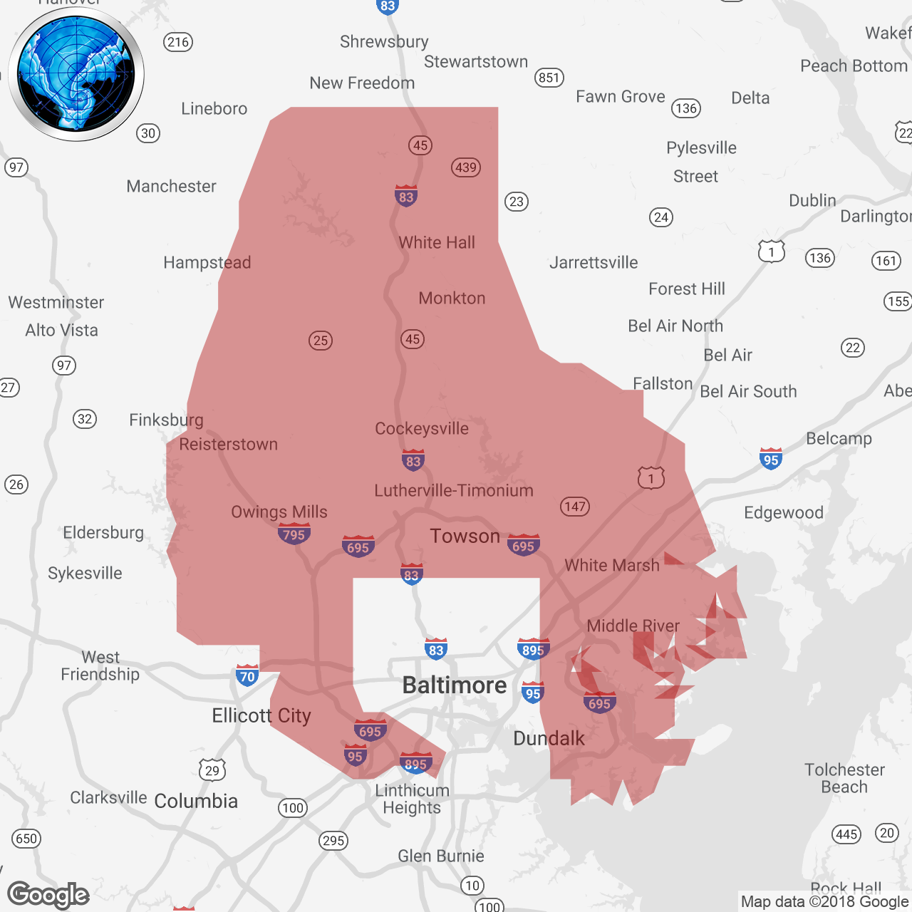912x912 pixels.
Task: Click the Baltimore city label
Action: point(455,685)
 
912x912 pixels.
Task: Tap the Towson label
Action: point(465,536)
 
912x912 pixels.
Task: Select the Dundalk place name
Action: point(549,738)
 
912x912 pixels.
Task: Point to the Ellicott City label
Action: point(261,715)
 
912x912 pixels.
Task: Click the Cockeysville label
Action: point(422,428)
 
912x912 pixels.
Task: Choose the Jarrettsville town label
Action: point(594,262)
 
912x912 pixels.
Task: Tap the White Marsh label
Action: point(612,565)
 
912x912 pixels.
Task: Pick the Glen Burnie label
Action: point(441,856)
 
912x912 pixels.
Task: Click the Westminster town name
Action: point(56,302)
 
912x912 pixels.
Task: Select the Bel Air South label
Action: point(748,391)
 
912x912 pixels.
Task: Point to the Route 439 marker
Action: point(466,167)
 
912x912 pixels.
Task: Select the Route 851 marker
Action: point(549,78)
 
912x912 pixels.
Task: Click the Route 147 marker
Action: point(574,507)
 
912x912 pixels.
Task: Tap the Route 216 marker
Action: point(178,42)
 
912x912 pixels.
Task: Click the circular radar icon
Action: point(76,74)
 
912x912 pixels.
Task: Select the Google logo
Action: point(48,895)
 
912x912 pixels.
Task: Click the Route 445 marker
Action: point(846,834)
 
